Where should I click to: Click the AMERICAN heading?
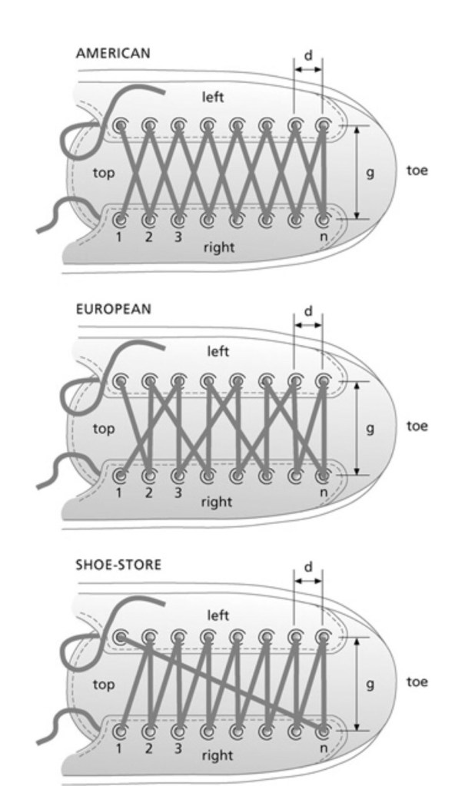(x=112, y=54)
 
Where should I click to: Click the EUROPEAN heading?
(x=113, y=309)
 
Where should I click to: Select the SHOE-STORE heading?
(x=118, y=565)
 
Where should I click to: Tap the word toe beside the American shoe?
(x=417, y=171)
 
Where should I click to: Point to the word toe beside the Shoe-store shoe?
(x=417, y=682)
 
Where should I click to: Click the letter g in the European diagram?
(x=370, y=429)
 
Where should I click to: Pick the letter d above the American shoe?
(x=308, y=55)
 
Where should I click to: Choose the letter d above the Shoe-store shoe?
(x=308, y=567)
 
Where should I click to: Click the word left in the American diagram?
(x=214, y=98)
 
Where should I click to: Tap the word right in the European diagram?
(x=216, y=502)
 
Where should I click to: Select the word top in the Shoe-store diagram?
(x=104, y=685)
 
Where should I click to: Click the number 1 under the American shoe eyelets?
(x=119, y=237)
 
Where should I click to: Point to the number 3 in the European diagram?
(x=178, y=492)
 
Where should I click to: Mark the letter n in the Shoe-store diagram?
(x=323, y=747)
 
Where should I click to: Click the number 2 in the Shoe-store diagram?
(x=148, y=748)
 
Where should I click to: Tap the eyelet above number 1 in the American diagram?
(x=121, y=219)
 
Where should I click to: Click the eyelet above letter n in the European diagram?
(x=324, y=475)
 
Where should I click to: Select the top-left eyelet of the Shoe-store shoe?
(x=121, y=637)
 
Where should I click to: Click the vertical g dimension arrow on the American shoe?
(x=357, y=172)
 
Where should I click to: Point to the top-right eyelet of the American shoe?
(x=324, y=125)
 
